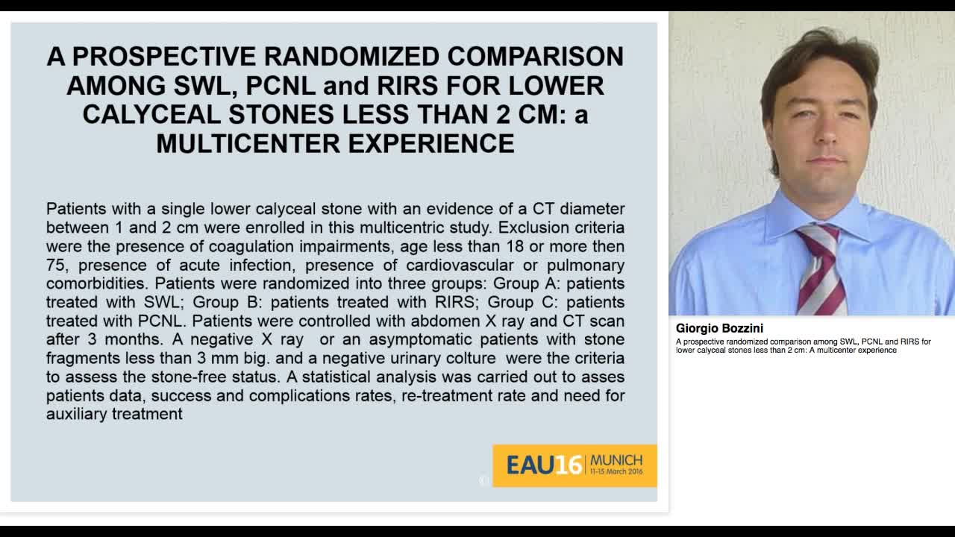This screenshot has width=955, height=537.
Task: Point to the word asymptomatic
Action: [x=412, y=339]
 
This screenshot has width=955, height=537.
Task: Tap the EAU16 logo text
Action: [x=543, y=465]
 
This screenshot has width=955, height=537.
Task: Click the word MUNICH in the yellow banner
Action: [x=616, y=460]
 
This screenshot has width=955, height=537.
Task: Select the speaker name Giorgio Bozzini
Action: [x=719, y=328]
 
